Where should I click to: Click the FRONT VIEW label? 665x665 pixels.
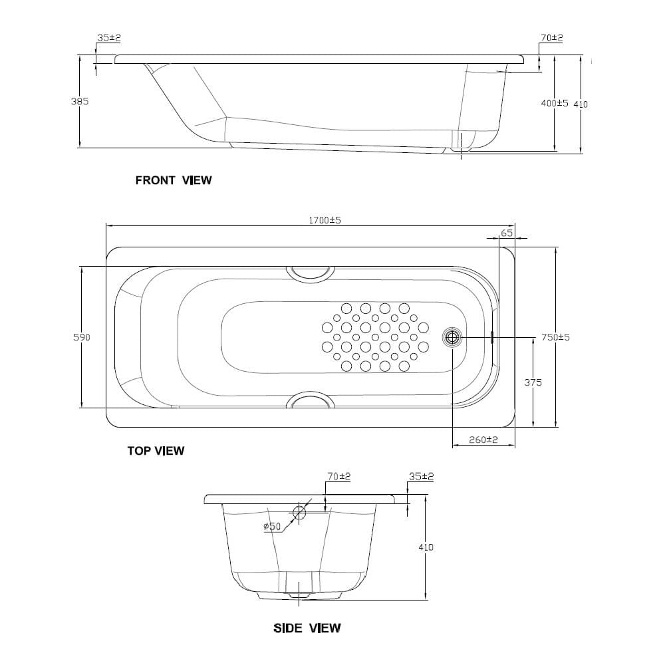click(174, 180)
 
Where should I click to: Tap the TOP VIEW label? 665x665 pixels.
click(156, 450)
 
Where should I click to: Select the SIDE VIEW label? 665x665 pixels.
click(307, 628)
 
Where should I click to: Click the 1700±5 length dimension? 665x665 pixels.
click(325, 220)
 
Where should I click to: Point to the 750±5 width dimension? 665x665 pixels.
click(555, 337)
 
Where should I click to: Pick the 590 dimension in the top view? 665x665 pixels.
click(82, 337)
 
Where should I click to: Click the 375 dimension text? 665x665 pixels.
click(533, 382)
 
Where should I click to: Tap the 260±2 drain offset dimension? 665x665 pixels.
click(483, 440)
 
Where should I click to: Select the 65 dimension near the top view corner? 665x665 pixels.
click(507, 233)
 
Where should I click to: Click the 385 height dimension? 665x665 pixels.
click(80, 101)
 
